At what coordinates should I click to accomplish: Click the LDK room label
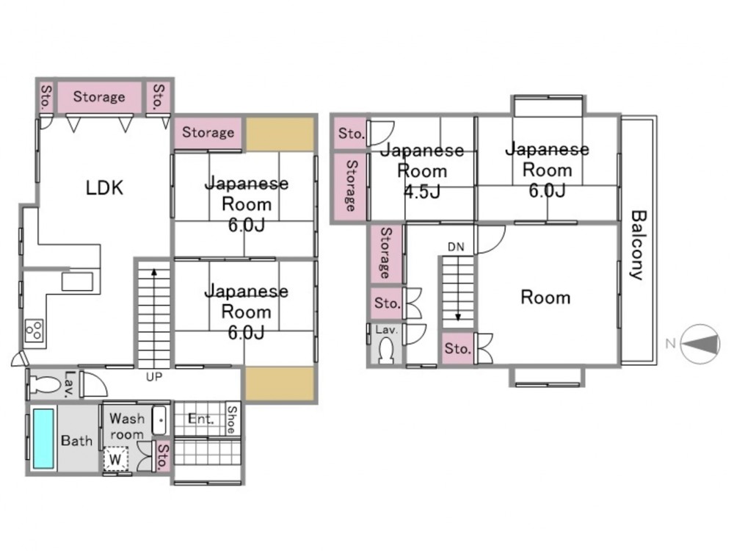(x=105, y=188)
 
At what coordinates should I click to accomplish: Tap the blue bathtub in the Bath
(x=43, y=439)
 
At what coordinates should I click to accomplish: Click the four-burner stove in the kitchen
(x=34, y=333)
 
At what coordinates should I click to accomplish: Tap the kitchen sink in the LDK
(x=76, y=282)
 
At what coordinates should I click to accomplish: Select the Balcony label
(x=637, y=245)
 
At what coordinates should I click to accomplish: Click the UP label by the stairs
(x=154, y=377)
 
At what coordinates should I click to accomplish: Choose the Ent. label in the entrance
(x=200, y=420)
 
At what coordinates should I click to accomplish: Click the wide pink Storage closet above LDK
(x=99, y=96)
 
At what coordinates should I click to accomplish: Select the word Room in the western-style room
(x=545, y=298)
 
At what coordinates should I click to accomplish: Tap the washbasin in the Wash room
(x=159, y=419)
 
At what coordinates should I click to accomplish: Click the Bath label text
(x=76, y=441)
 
